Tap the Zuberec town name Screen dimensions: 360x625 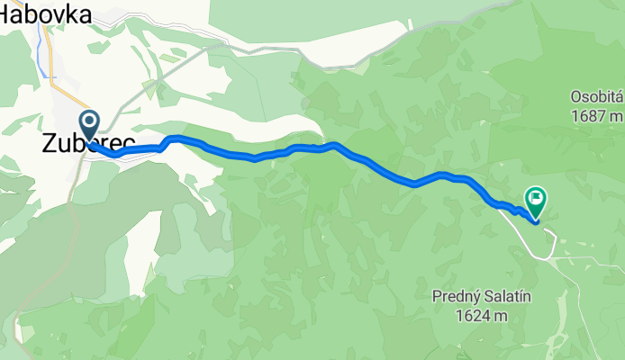pos(87,143)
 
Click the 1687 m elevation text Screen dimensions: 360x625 pos(595,115)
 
